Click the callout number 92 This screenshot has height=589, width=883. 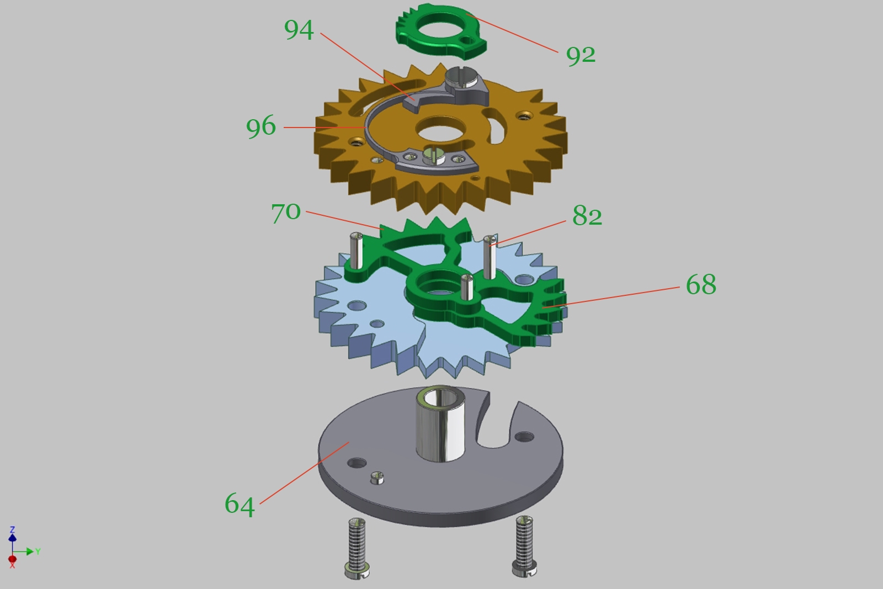point(581,56)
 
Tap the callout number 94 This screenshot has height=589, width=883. point(299,30)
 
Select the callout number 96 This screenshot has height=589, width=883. point(261,127)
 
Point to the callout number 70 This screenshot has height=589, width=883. point(286,213)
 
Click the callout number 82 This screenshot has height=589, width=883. point(587,216)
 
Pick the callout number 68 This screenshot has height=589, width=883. point(701,285)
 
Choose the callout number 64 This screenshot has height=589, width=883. point(240,505)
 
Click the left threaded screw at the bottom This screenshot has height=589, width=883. point(357,548)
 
